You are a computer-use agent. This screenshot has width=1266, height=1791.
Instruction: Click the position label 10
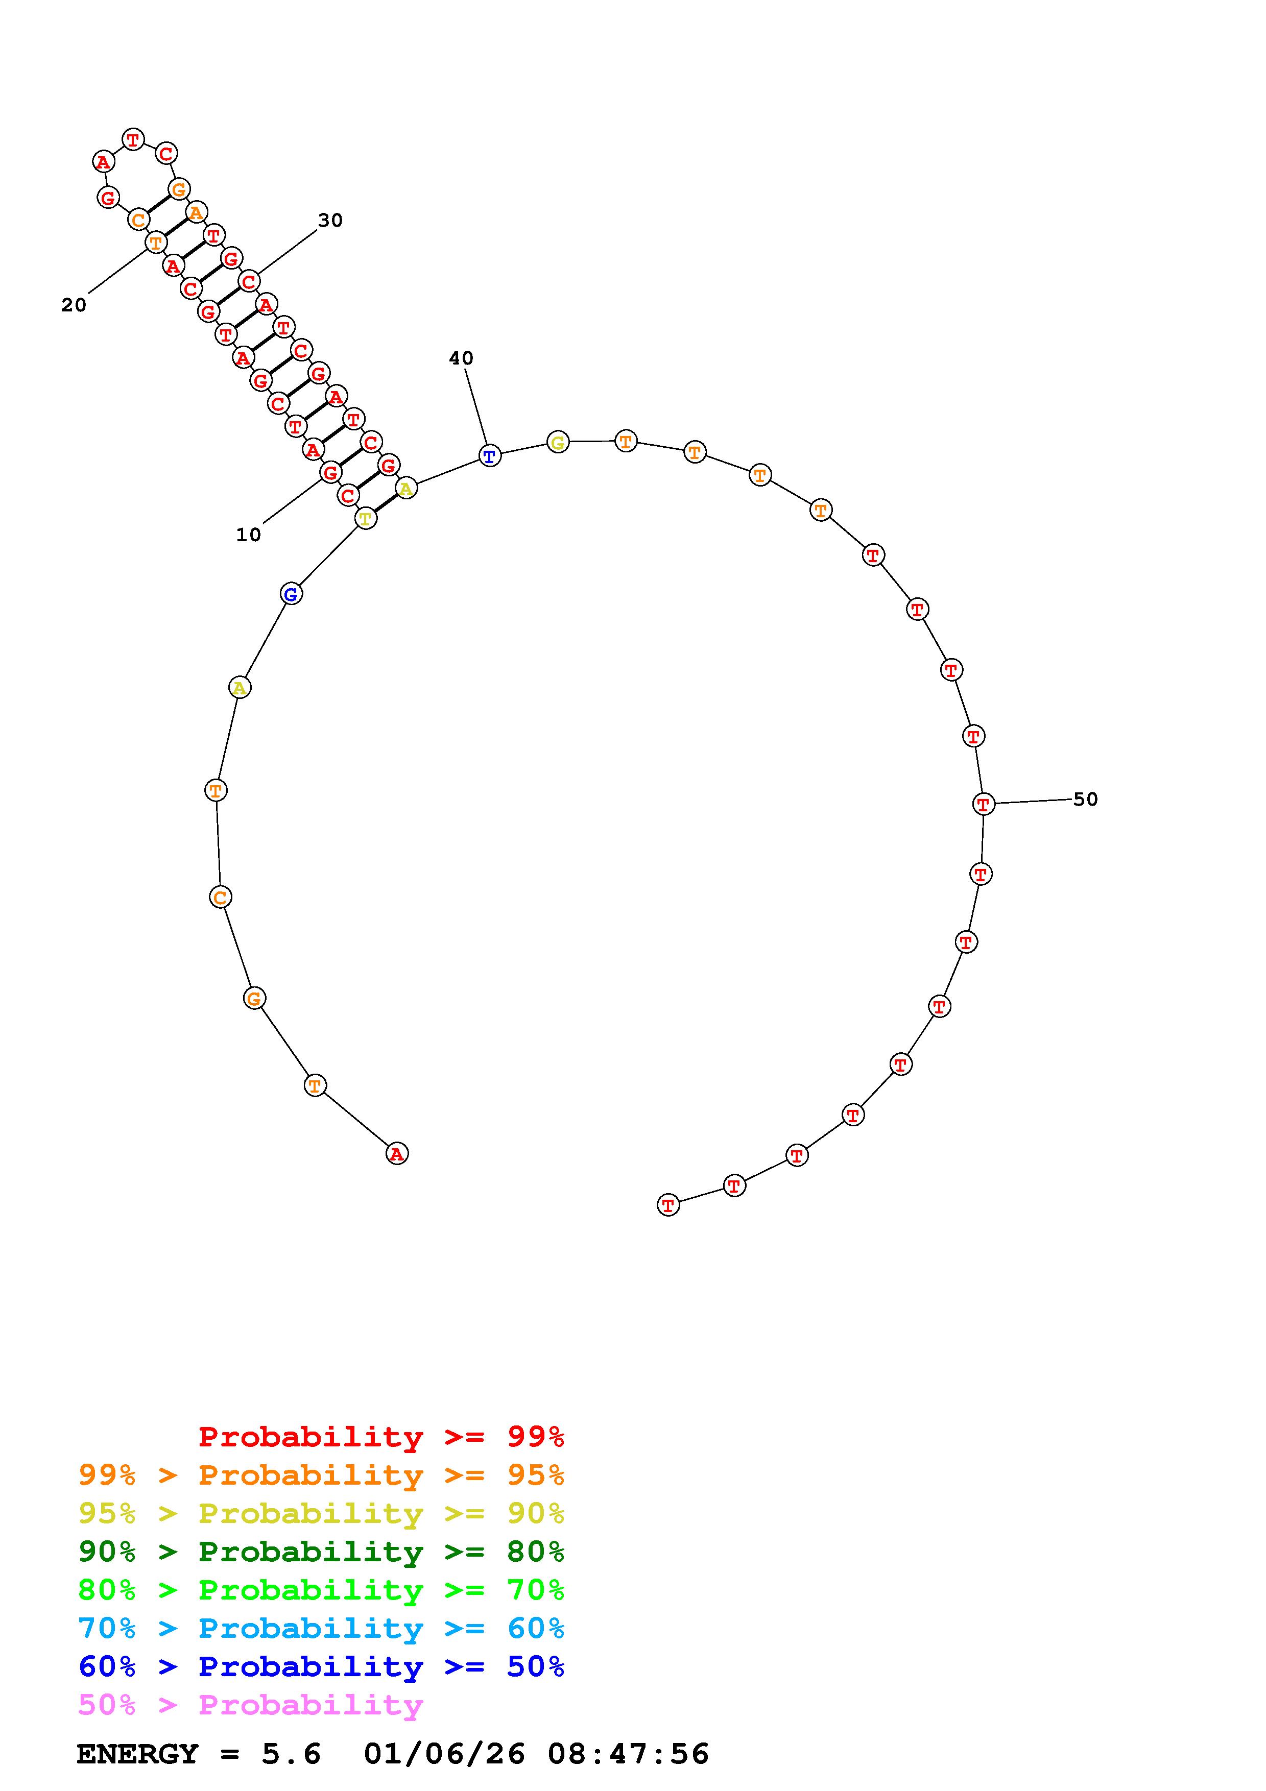click(248, 535)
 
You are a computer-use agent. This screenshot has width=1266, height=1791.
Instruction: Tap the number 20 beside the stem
click(74, 306)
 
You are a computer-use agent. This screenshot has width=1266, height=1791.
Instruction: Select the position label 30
click(330, 221)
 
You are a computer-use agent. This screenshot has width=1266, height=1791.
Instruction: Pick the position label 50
click(1085, 800)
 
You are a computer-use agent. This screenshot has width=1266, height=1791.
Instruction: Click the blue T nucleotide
click(489, 456)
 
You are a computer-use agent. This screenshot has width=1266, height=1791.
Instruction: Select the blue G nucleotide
click(291, 594)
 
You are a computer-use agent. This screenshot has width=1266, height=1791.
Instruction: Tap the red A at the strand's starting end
click(397, 1154)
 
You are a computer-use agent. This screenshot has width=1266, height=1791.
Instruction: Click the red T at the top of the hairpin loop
click(133, 139)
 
